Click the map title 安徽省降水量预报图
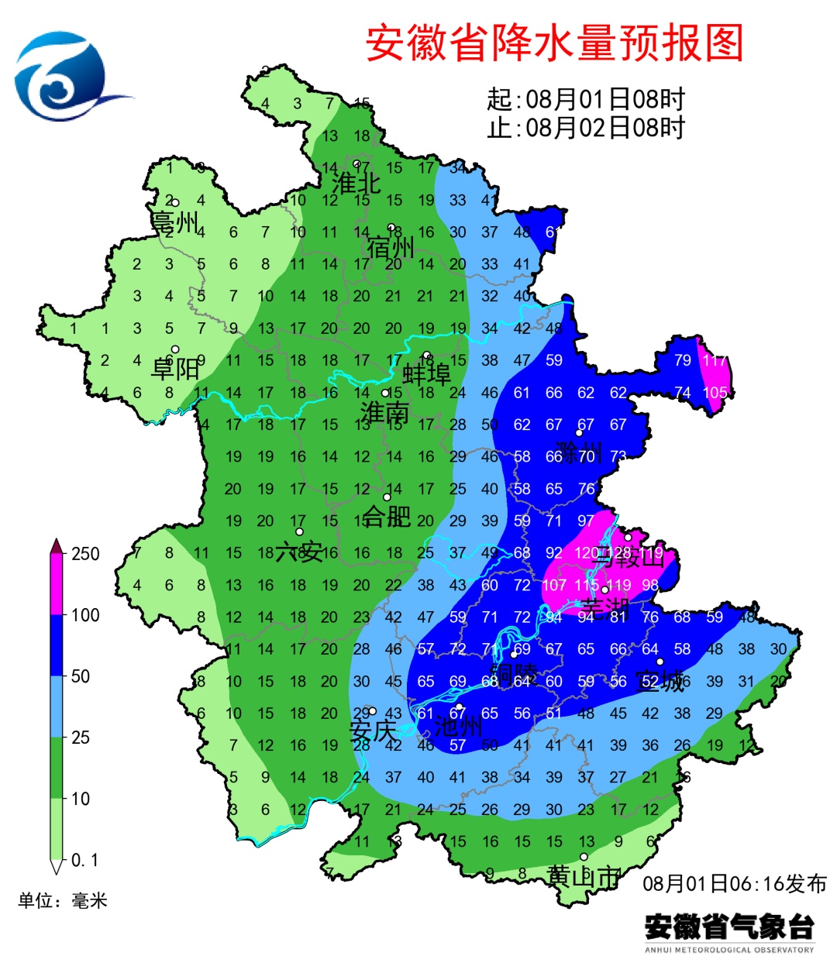pos(554,43)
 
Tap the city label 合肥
pos(387,515)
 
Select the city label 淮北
pos(356,183)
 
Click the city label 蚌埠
pos(426,374)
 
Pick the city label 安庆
pos(372,730)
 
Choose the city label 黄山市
pos(583,876)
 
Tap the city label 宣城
pos(660,681)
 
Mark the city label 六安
pos(299,552)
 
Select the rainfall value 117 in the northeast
pos(715,360)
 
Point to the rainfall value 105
pos(715,393)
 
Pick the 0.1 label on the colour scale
pos(84,860)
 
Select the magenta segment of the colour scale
pos(57,585)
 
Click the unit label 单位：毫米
pos(62,900)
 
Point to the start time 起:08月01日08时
pos(586,99)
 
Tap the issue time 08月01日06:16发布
pos(735,883)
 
